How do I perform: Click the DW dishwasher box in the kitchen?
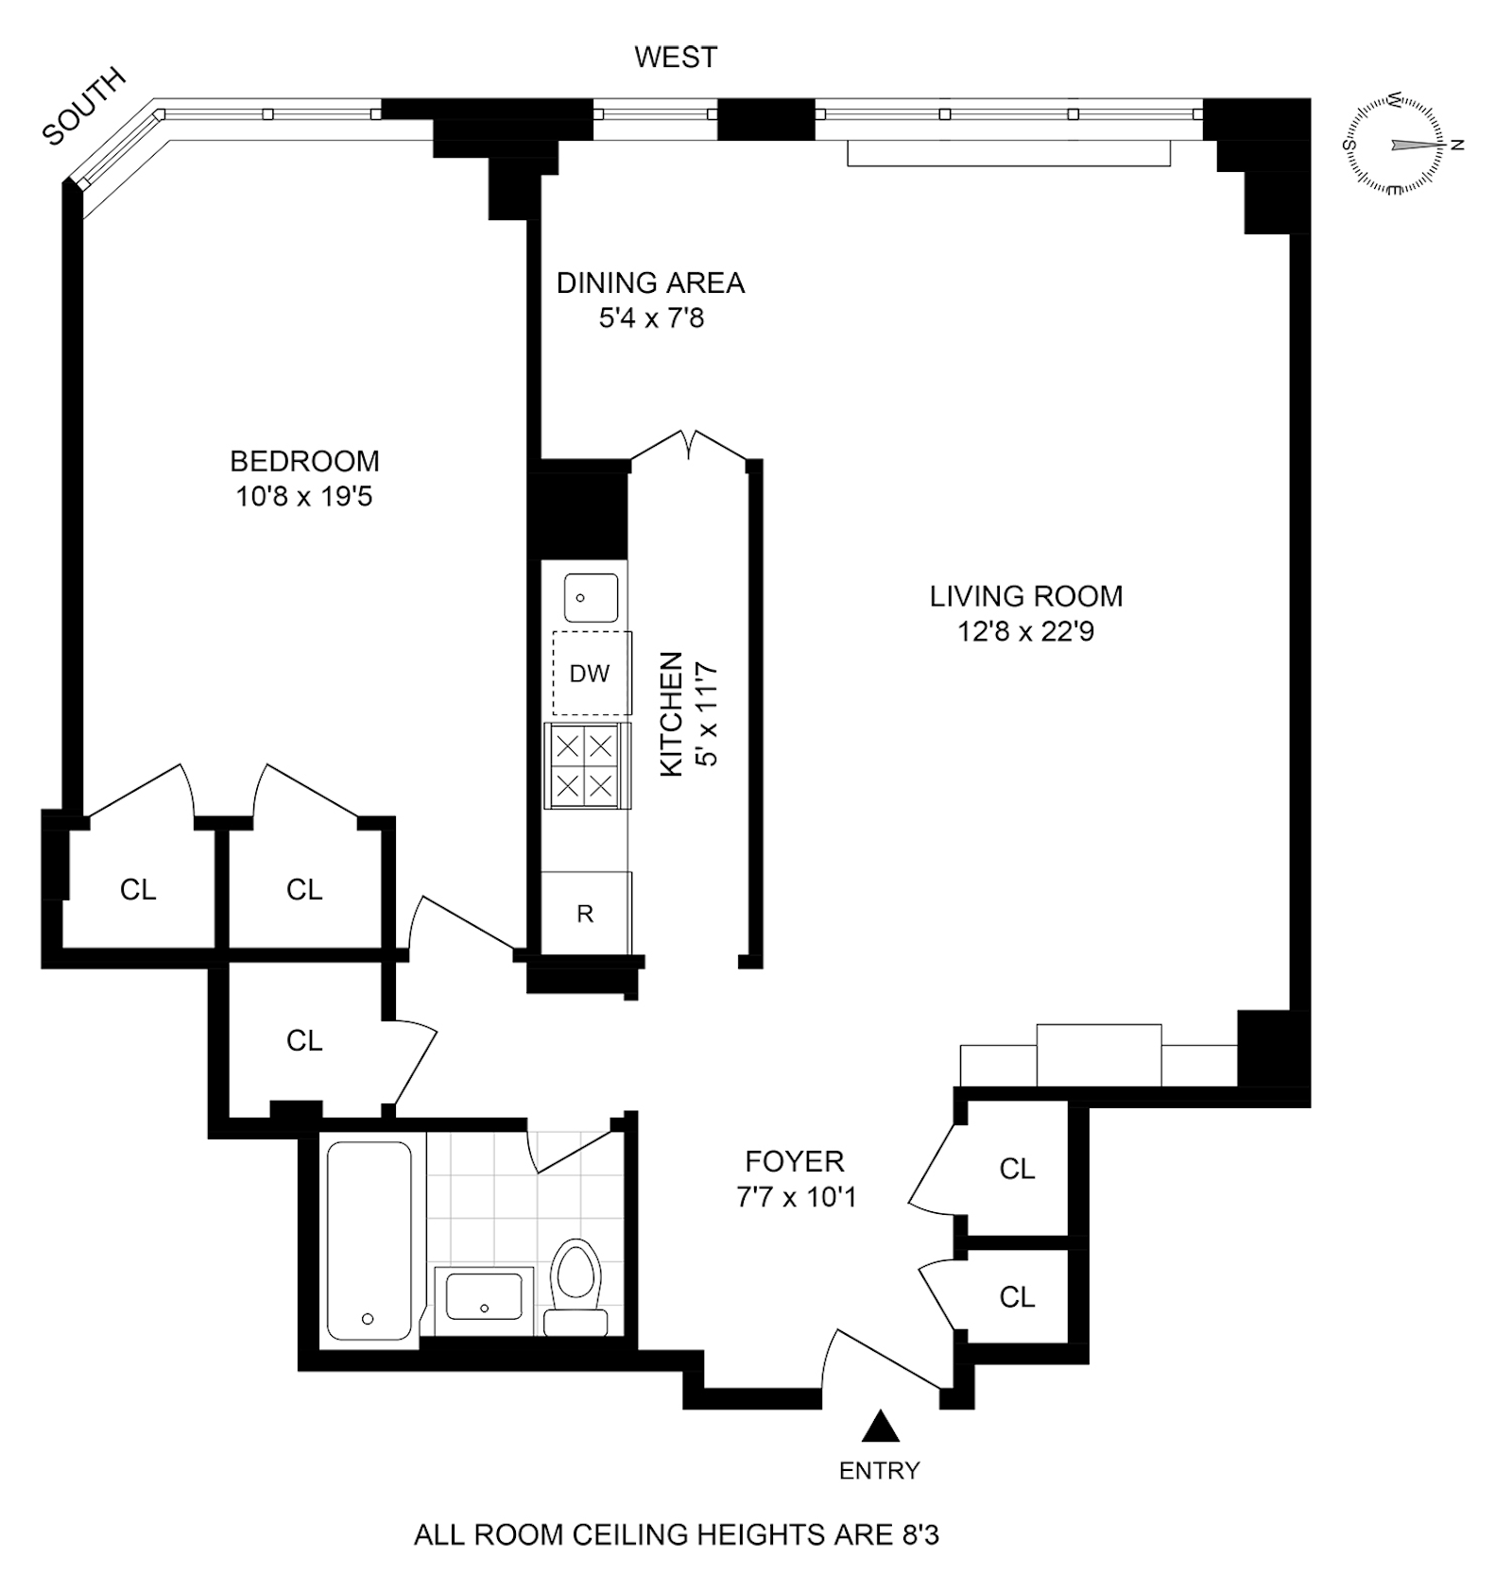pyautogui.click(x=592, y=674)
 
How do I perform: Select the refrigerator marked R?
pyautogui.click(x=585, y=914)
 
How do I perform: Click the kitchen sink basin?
pyautogui.click(x=591, y=597)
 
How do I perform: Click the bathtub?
pyautogui.click(x=369, y=1240)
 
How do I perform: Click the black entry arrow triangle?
pyautogui.click(x=880, y=1426)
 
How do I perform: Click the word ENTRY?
pyautogui.click(x=879, y=1470)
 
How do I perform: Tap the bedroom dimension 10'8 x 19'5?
pyautogui.click(x=304, y=496)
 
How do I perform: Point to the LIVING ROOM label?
pyautogui.click(x=1025, y=596)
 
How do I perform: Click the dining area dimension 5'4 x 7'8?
pyautogui.click(x=651, y=318)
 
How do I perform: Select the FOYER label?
pyautogui.click(x=794, y=1161)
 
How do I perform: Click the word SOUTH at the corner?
pyautogui.click(x=84, y=106)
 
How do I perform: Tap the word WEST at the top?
pyautogui.click(x=675, y=58)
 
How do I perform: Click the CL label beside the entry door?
pyautogui.click(x=1017, y=1297)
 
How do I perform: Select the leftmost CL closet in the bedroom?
pyautogui.click(x=138, y=889)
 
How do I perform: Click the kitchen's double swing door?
pyautogui.click(x=691, y=445)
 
